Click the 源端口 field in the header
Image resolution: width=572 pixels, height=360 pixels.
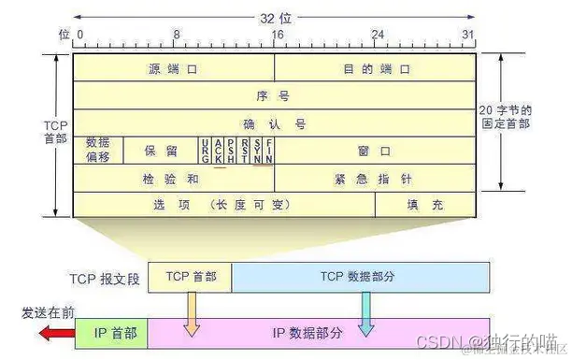pos(173,68)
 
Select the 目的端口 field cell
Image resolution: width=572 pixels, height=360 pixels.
pos(375,68)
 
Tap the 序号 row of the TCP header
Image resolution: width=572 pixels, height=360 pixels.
pos(274,95)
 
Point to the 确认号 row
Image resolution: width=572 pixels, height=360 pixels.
pos(274,122)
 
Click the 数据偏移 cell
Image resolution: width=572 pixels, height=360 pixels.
pos(97,150)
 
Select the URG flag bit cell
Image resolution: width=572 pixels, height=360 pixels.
pos(204,150)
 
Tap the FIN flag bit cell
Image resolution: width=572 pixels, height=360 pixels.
pos(269,150)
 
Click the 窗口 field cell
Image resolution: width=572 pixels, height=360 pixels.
pos(375,150)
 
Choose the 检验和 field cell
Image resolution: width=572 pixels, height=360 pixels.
pos(173,177)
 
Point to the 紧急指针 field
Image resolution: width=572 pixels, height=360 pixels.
pos(375,177)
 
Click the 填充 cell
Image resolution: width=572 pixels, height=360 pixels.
pos(425,204)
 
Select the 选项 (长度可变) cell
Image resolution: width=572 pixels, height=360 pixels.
pos(224,204)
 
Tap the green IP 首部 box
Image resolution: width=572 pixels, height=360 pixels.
pos(120,332)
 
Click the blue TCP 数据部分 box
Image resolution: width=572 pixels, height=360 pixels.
pos(361,277)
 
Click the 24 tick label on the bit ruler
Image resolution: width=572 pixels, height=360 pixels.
pos(378,34)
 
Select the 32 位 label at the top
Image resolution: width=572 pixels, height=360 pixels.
pos(274,16)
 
